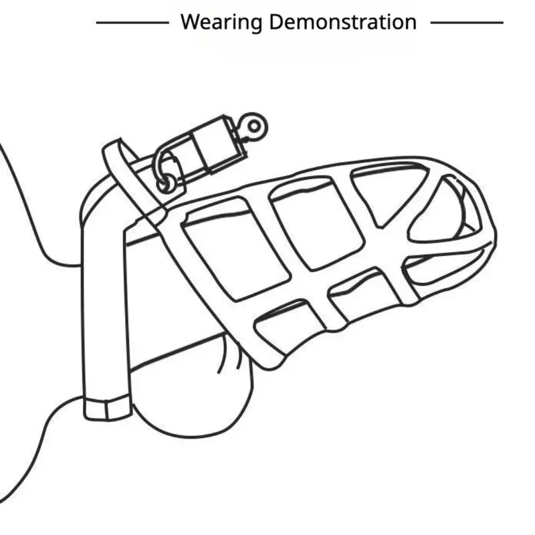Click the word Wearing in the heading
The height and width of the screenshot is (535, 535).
point(221,22)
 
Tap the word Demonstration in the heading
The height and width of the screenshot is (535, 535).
point(342,22)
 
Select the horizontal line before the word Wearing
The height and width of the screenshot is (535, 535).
point(132,23)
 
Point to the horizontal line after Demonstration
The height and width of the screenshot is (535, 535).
point(467,23)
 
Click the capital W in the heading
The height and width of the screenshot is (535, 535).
point(189,22)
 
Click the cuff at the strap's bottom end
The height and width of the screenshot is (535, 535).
point(107,407)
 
